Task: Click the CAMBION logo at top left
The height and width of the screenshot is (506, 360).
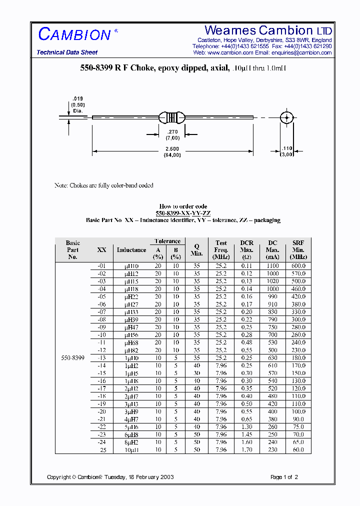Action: click(x=74, y=34)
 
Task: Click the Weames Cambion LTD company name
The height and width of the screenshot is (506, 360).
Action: click(x=268, y=31)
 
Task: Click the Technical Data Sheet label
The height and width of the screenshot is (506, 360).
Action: click(x=67, y=52)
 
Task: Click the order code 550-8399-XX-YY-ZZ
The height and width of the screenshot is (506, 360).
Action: click(x=183, y=213)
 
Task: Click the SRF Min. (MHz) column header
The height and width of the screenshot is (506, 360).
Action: click(x=298, y=249)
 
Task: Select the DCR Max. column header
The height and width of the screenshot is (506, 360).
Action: click(x=247, y=249)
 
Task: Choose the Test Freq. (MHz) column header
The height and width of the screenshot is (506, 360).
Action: click(x=221, y=249)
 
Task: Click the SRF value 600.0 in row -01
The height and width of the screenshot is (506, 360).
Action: click(x=298, y=266)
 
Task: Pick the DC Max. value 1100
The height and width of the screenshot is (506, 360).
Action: click(x=272, y=266)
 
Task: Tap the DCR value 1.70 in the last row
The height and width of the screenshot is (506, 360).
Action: click(x=247, y=450)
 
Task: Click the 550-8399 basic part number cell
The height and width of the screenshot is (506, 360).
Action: click(x=72, y=358)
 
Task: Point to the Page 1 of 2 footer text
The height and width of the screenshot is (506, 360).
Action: click(x=284, y=477)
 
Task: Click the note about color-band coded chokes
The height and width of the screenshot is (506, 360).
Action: click(x=103, y=185)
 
